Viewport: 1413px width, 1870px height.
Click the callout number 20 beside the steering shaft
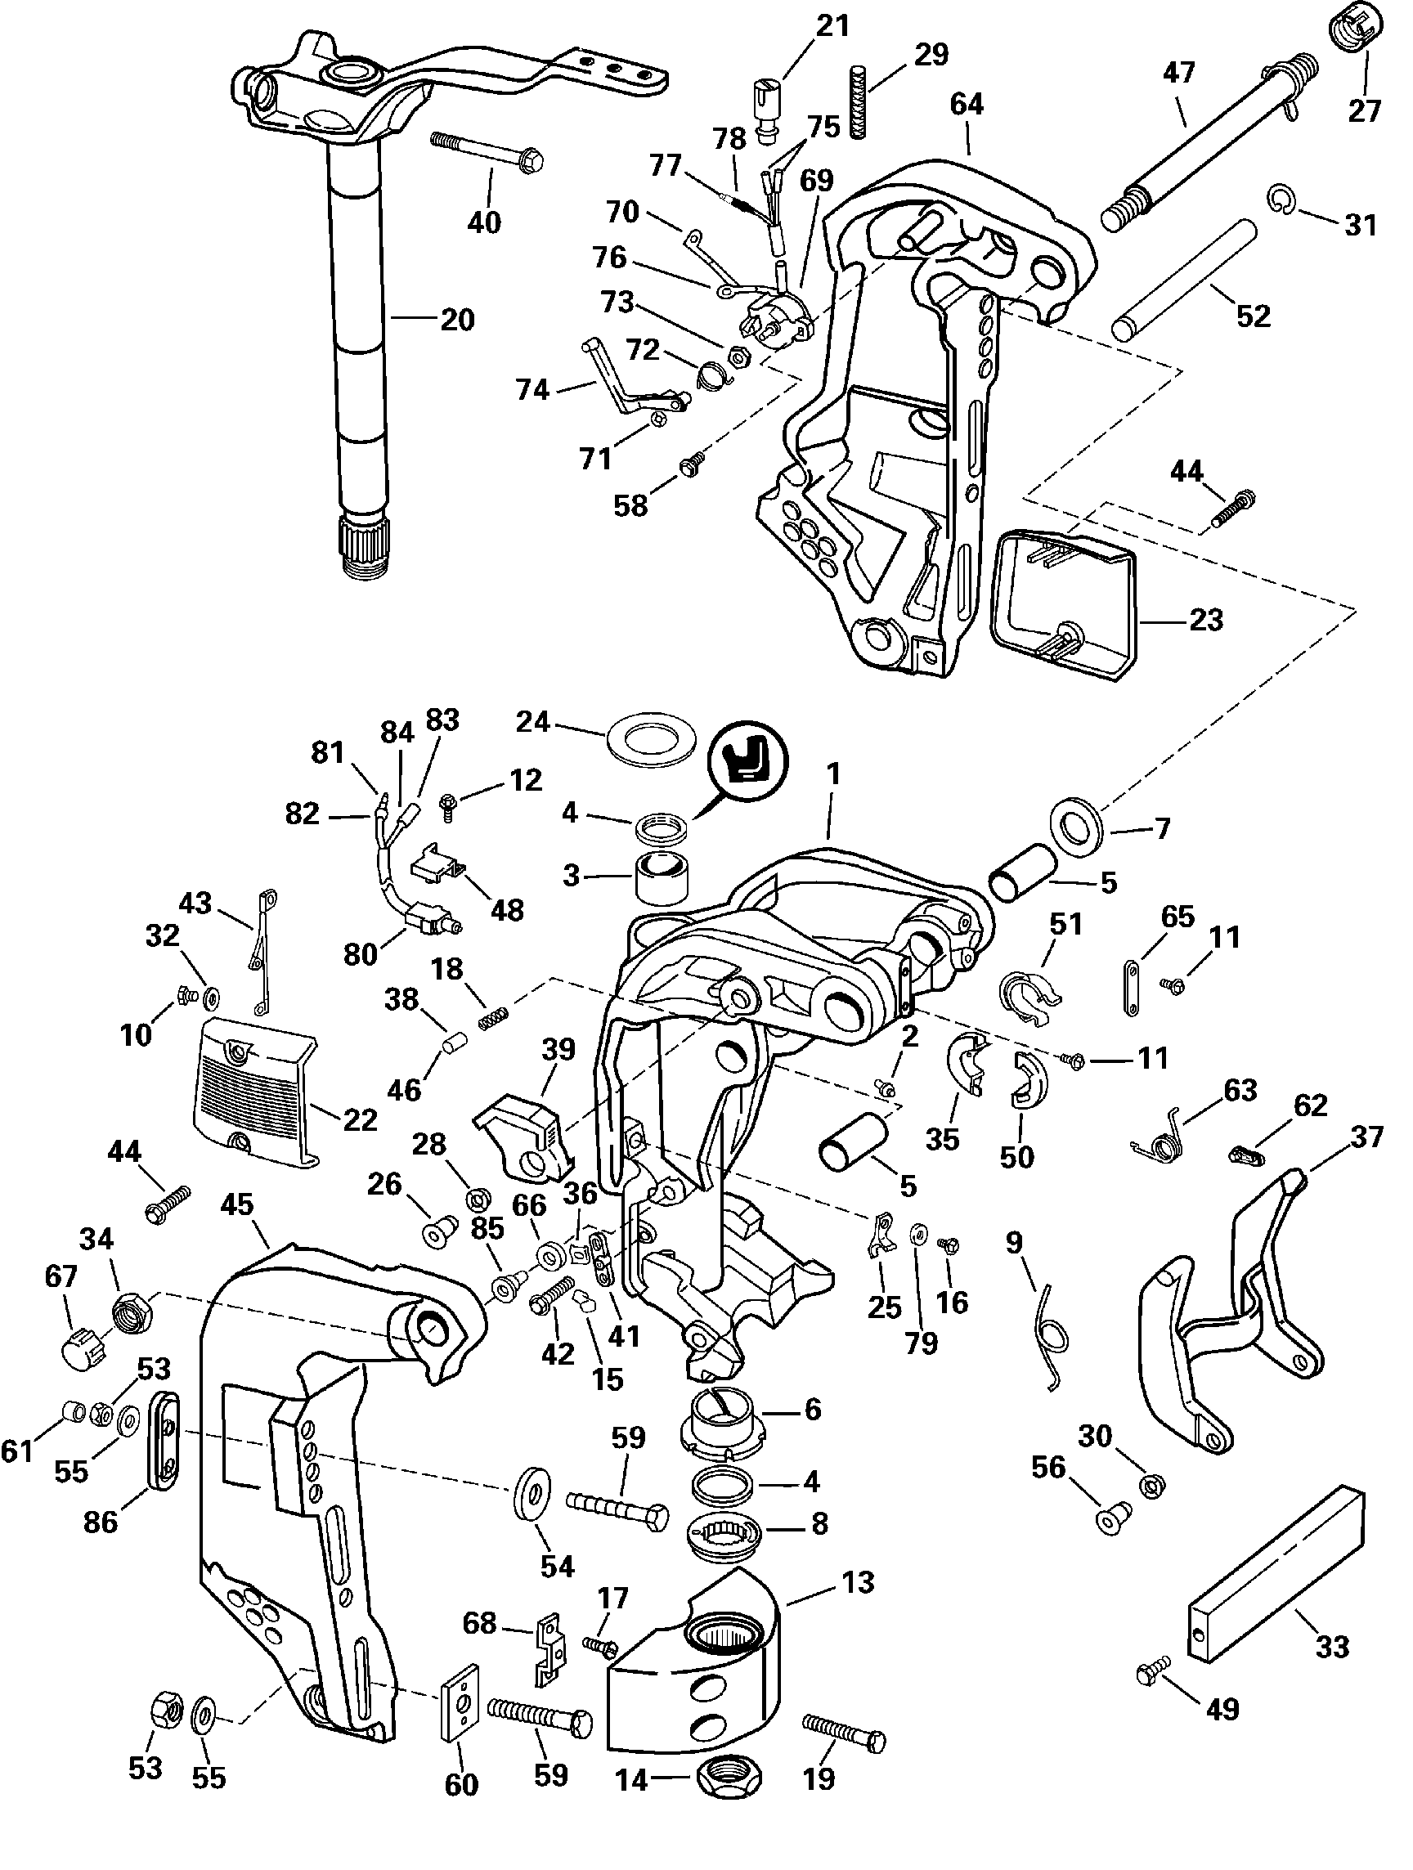tap(457, 320)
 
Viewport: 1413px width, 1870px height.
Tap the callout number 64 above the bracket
tap(967, 104)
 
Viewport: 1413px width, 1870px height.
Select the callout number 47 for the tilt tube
tap(1179, 73)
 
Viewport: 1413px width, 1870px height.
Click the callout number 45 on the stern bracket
tap(237, 1204)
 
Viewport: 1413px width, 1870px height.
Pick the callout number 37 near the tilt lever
tap(1366, 1137)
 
